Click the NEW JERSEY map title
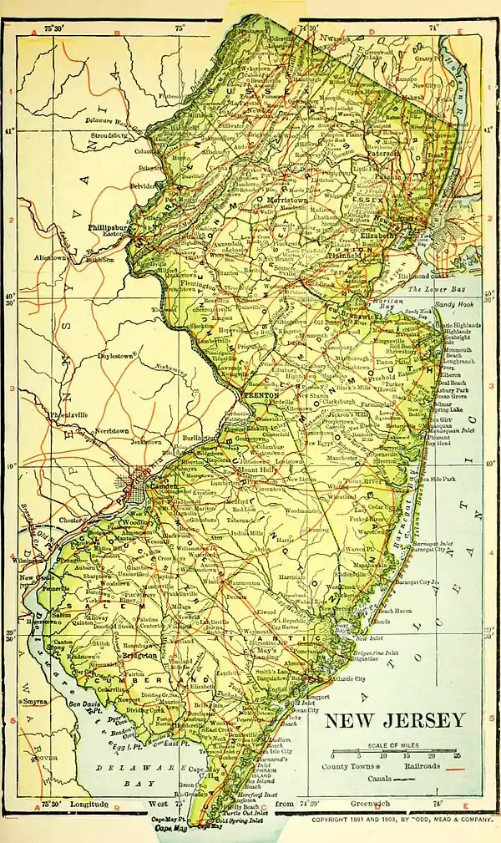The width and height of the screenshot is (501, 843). (393, 720)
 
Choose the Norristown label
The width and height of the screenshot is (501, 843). (93, 431)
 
